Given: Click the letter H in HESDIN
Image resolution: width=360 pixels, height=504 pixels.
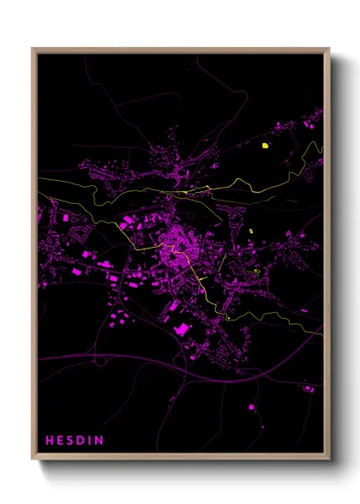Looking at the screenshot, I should [49, 441].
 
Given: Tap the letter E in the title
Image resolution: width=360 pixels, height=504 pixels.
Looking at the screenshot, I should [60, 441].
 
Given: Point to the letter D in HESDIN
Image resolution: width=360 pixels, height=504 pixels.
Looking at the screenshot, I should [81, 441].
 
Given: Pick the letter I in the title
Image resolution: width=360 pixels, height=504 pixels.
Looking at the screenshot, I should [91, 441].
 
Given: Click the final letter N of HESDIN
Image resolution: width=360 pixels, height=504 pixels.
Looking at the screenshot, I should [99, 441].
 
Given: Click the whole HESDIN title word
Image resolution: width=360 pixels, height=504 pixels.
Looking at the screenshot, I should [75, 441].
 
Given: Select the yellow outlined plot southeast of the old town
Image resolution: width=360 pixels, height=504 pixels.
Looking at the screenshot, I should [256, 272].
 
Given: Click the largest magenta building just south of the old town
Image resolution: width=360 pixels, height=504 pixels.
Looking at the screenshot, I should [181, 329].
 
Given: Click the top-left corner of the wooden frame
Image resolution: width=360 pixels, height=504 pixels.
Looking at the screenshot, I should [33, 49].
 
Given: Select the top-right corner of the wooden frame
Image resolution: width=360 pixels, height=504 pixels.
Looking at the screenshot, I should [329, 49].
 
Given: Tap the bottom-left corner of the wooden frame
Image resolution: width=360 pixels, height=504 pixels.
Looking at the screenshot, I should [33, 459].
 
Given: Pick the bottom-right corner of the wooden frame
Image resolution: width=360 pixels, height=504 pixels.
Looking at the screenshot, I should [329, 459].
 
